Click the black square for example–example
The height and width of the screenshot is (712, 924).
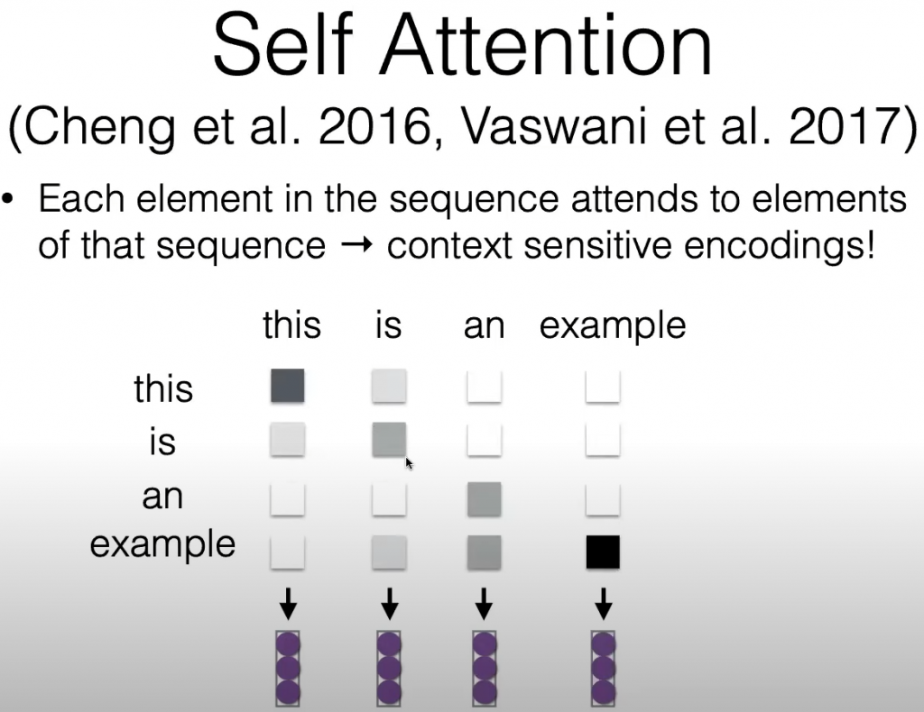(603, 552)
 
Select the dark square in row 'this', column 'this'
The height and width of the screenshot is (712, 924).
(288, 386)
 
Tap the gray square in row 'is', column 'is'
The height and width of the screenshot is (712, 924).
(389, 440)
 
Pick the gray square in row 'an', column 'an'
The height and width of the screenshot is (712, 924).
(485, 499)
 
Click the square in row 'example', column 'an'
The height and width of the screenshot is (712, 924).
(485, 552)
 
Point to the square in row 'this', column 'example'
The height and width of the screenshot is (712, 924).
(603, 386)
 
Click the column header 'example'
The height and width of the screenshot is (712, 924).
(613, 326)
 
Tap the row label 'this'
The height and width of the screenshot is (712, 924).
(163, 388)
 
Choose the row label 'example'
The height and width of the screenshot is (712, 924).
(162, 545)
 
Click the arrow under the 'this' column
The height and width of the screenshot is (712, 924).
(288, 604)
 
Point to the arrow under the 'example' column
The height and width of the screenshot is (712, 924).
(603, 604)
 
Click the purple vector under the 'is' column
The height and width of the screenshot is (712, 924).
(389, 669)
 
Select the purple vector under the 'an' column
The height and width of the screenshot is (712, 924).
(485, 669)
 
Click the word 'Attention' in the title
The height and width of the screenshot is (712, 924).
(548, 45)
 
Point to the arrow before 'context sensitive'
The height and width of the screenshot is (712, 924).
(357, 244)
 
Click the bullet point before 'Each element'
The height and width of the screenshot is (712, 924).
(7, 198)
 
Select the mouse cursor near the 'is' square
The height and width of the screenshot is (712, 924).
(409, 463)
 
